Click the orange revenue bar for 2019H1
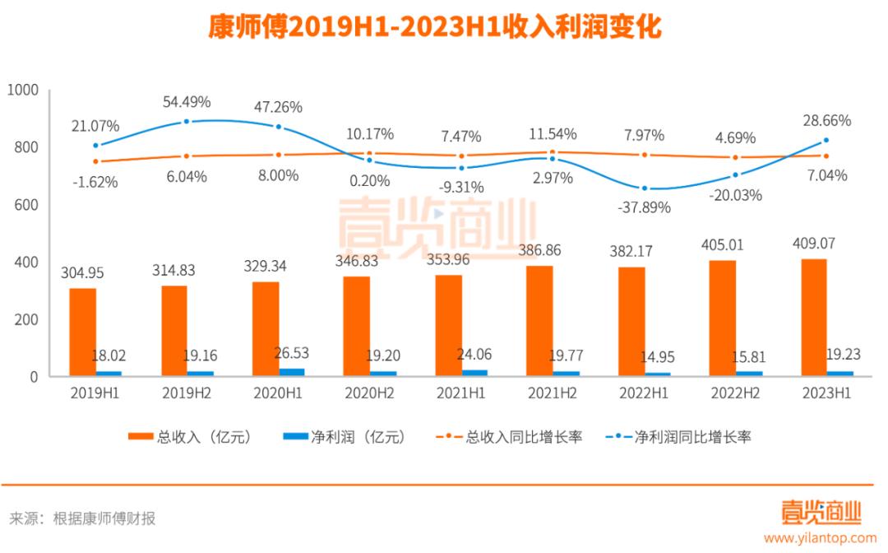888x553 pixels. coord(82,332)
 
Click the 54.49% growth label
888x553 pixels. coord(187,102)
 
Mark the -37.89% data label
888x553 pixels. coord(643,207)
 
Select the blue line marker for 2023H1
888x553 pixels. coord(825,141)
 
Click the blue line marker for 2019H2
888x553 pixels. coord(187,122)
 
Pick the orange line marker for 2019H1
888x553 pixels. coord(95,161)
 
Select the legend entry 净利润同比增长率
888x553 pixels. coord(691,437)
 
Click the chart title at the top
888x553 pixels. coord(434,26)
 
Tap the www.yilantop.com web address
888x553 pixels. coord(820,538)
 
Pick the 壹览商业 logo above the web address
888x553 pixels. coord(820,513)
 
